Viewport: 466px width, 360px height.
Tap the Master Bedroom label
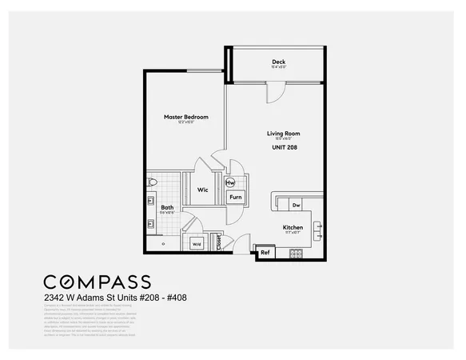click(x=185, y=117)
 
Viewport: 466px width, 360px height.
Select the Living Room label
click(x=283, y=134)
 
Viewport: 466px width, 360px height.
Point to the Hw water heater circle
click(x=230, y=182)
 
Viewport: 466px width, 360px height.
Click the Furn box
click(x=236, y=196)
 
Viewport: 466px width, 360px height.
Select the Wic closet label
click(x=203, y=190)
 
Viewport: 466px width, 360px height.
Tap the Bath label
click(x=166, y=207)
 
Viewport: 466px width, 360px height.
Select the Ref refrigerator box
click(x=265, y=253)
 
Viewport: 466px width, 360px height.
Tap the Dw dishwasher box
click(x=296, y=206)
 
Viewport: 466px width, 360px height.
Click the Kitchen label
click(x=293, y=227)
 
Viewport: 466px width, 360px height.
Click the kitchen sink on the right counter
click(x=317, y=230)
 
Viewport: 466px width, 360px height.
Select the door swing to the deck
click(x=274, y=92)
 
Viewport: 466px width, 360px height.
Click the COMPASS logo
click(x=97, y=282)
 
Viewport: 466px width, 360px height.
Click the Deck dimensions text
click(x=278, y=68)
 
